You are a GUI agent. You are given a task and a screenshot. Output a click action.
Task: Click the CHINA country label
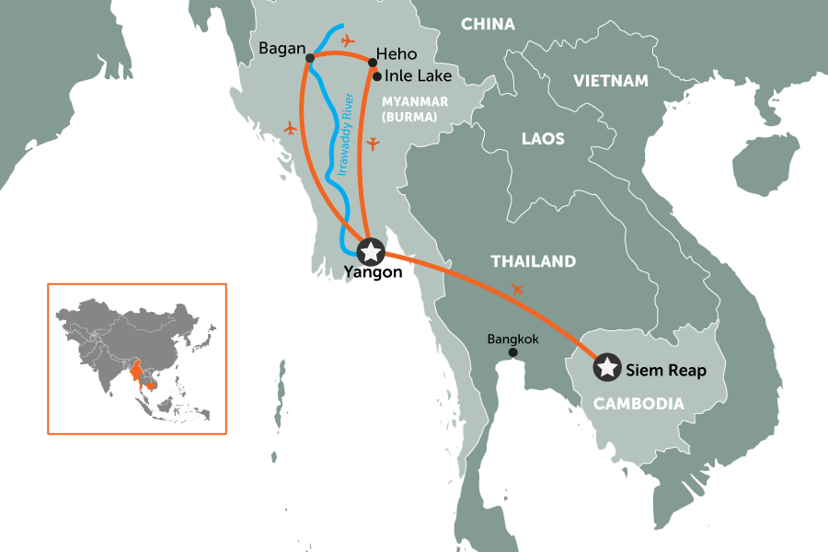[x=488, y=24]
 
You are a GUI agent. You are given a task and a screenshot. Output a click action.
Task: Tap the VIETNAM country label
[x=610, y=81]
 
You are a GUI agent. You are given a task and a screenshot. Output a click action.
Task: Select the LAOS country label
[x=543, y=139]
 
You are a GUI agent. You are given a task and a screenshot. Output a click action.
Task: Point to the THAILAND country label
[x=534, y=261]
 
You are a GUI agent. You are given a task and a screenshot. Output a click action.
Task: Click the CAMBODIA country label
[x=638, y=403]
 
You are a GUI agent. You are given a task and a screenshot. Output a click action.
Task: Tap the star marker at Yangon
[x=370, y=250]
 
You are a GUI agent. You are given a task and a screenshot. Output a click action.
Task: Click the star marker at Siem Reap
[x=607, y=367]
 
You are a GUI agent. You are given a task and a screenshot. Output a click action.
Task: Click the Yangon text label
[x=372, y=272]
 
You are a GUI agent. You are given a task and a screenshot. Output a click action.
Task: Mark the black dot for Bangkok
[x=512, y=352]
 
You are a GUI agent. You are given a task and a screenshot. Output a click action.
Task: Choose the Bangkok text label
[x=512, y=338]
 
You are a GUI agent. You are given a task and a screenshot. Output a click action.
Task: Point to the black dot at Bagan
[x=309, y=58]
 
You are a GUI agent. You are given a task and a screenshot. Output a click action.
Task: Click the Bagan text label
[x=282, y=47]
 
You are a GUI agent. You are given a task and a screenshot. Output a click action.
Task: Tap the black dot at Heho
[x=372, y=63]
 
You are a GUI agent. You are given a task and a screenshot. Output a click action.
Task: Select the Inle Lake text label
[x=419, y=76]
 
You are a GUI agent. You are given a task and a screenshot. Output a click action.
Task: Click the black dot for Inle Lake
[x=377, y=76]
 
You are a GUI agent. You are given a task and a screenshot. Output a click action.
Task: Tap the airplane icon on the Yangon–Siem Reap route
[x=517, y=290]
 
